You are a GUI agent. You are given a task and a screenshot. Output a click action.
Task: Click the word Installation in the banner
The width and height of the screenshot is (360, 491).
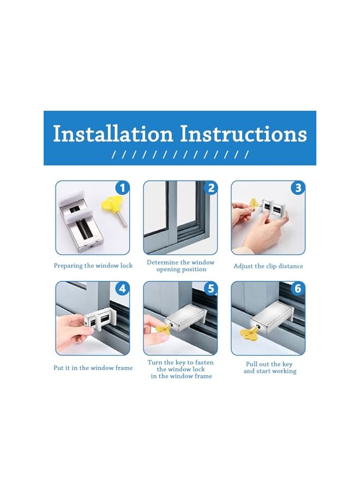tap(113, 134)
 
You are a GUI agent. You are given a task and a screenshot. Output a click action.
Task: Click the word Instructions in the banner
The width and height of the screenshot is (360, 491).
tap(243, 134)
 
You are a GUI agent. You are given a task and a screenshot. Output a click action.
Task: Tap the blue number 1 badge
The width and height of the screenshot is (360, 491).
tap(122, 188)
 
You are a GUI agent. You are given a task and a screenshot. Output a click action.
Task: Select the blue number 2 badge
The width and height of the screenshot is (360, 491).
tap(211, 188)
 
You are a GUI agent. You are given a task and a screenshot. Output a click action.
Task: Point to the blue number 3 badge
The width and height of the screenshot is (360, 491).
tap(298, 188)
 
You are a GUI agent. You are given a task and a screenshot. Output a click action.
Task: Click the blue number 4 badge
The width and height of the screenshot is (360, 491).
tap(122, 289)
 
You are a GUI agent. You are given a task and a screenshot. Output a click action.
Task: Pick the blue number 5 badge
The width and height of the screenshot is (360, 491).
tap(211, 289)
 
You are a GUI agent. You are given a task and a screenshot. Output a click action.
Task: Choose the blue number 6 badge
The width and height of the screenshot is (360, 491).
tap(298, 289)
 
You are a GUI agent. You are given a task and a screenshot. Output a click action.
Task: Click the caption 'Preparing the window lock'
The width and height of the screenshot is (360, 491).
tap(93, 266)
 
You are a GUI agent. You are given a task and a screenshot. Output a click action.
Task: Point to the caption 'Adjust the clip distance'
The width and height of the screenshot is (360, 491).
tap(268, 266)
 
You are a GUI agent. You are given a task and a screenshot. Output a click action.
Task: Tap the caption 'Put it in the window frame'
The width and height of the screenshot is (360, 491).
tap(93, 368)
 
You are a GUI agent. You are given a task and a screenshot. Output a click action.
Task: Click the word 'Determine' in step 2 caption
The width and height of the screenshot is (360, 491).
tap(163, 262)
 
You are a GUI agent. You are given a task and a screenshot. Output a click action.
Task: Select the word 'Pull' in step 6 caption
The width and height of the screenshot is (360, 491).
tap(251, 364)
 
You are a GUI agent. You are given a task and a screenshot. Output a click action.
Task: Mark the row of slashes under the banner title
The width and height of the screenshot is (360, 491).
tap(181, 154)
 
